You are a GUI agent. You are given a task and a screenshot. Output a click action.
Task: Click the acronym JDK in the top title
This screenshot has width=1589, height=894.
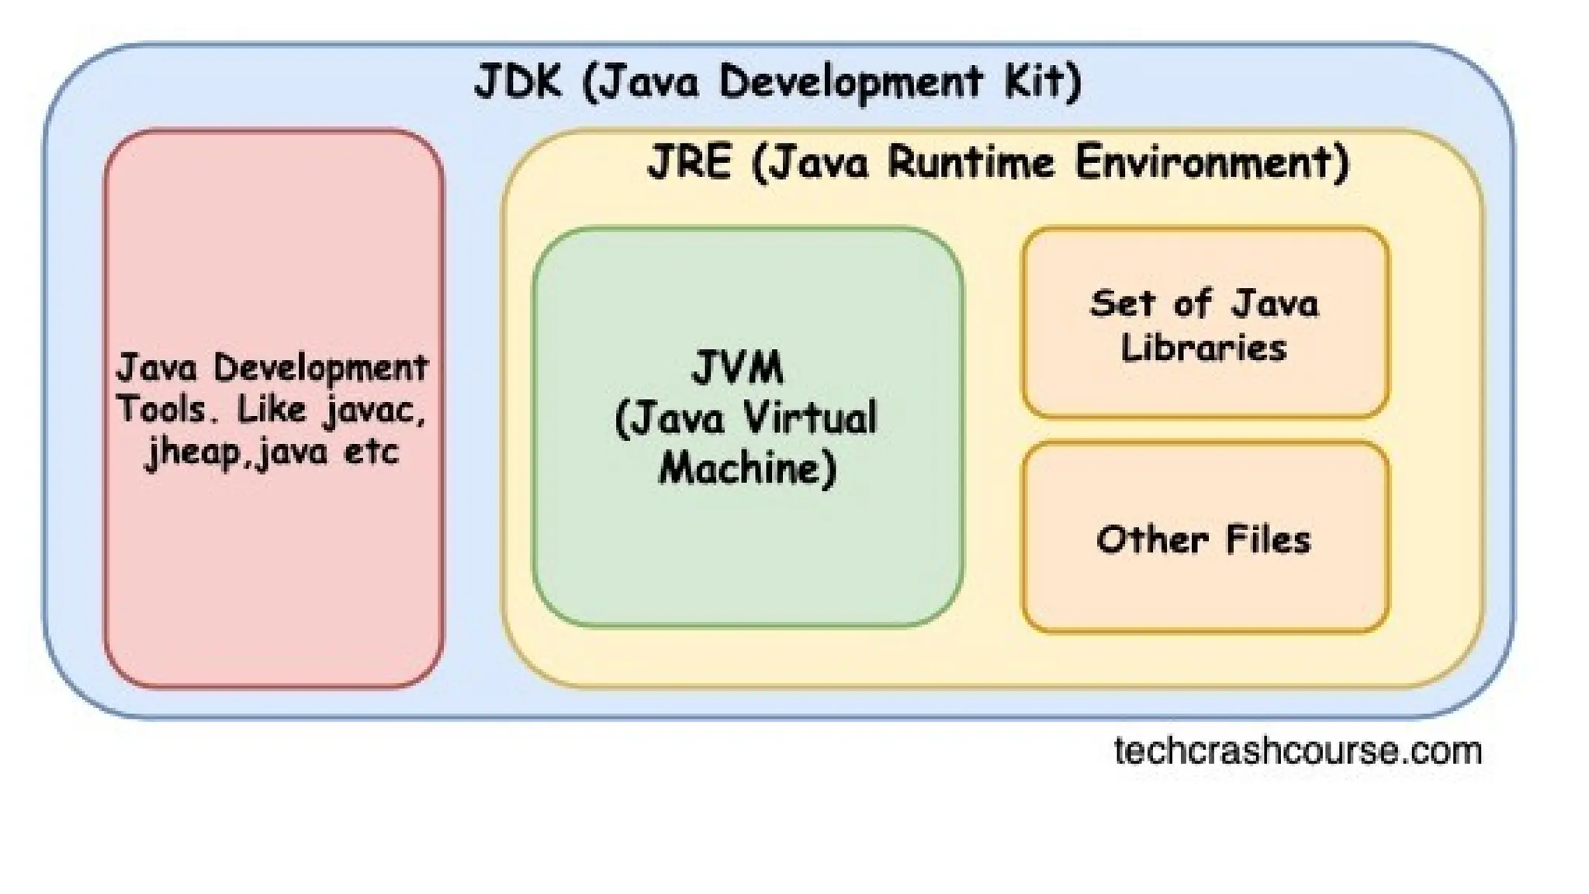pos(517,81)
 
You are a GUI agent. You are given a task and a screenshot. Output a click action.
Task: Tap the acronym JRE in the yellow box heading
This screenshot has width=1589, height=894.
pos(689,163)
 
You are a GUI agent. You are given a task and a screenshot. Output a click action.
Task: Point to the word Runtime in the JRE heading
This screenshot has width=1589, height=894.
pos(971,163)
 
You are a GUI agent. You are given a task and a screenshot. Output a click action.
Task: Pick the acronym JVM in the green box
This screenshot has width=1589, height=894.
pos(738,368)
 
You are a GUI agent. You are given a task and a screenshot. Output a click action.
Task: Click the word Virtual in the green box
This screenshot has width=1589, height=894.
pos(811,418)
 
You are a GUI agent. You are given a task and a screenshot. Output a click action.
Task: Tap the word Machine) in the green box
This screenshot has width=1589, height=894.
pos(748,468)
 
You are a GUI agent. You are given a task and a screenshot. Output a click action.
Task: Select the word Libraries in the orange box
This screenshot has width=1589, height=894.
pos(1203,347)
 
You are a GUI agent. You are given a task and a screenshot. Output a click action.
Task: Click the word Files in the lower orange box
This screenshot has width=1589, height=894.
pos(1268,539)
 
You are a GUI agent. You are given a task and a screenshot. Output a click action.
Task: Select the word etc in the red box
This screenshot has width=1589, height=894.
pos(371,452)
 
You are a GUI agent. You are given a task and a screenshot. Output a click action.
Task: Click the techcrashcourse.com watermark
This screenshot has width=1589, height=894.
pos(1297,751)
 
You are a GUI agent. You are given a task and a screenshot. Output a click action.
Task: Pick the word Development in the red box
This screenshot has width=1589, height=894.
pos(320,368)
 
